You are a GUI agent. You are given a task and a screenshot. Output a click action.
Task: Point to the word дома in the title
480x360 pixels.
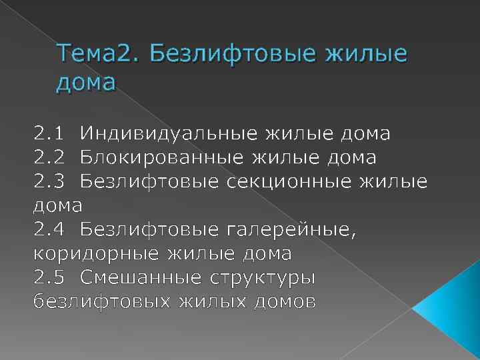(x=87, y=83)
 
